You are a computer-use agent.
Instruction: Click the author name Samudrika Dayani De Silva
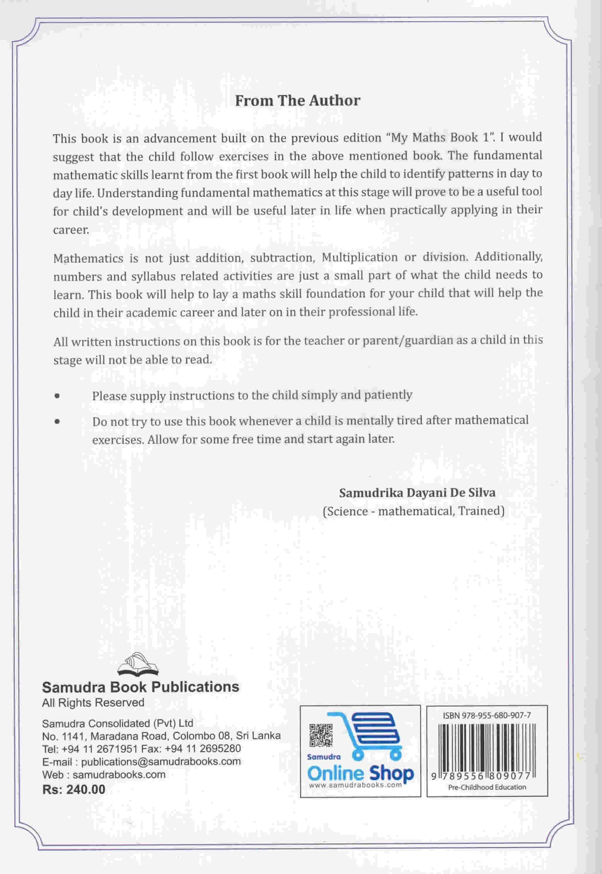417,493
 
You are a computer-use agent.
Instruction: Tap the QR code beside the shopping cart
321,736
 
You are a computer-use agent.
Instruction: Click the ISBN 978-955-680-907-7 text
487,715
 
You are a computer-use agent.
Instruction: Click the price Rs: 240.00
74,790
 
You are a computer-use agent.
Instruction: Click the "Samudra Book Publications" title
140,687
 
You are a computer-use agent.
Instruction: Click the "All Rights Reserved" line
93,702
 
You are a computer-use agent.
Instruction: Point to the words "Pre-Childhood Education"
487,787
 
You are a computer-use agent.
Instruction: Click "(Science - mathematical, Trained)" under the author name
414,511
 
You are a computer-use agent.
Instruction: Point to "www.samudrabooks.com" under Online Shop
355,785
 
